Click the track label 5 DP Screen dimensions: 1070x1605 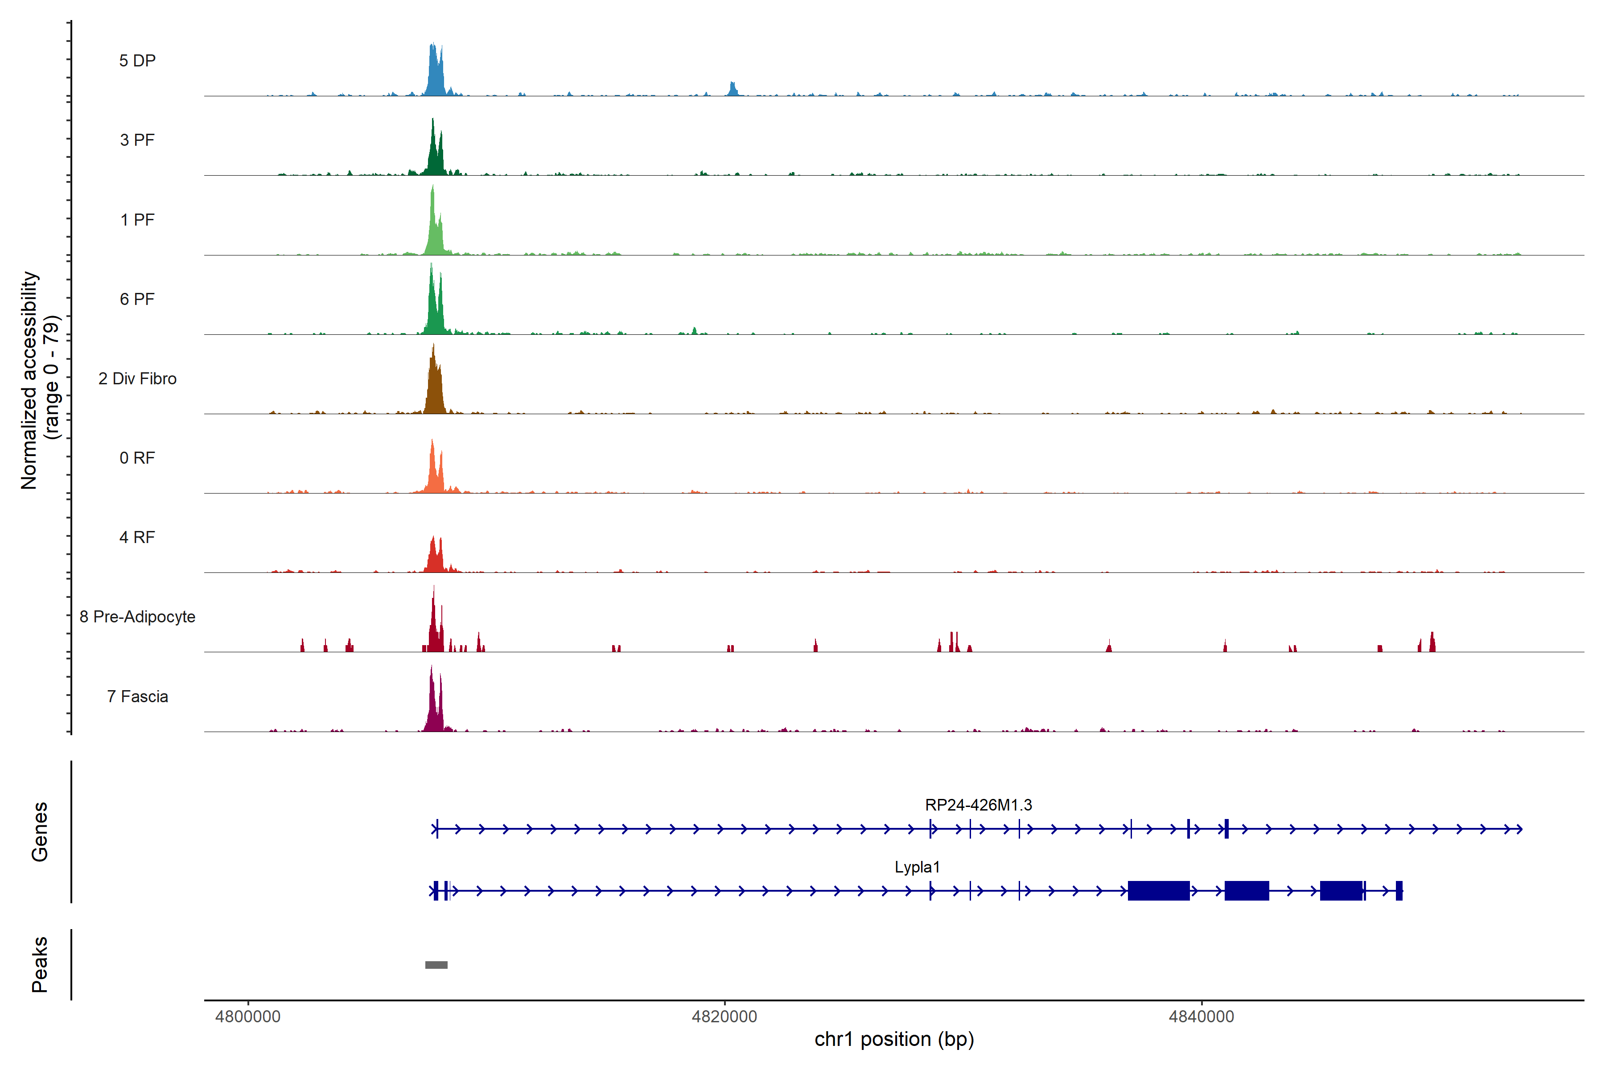click(137, 61)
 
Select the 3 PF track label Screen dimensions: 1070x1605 click(137, 140)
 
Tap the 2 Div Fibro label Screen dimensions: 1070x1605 click(137, 379)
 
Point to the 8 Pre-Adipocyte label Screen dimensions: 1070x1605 click(137, 617)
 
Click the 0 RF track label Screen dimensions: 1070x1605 click(137, 458)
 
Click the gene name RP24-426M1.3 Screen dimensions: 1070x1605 click(978, 805)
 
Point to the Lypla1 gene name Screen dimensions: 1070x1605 click(917, 867)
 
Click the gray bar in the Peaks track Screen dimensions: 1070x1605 click(436, 965)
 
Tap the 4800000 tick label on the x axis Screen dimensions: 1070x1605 click(248, 1017)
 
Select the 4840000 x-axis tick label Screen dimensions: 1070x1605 click(1201, 1017)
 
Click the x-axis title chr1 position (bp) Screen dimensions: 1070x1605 click(894, 1039)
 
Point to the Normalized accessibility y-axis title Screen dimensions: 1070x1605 click(29, 380)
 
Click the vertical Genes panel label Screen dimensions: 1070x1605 click(40, 832)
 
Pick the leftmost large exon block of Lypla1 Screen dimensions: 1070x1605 click(1158, 890)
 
